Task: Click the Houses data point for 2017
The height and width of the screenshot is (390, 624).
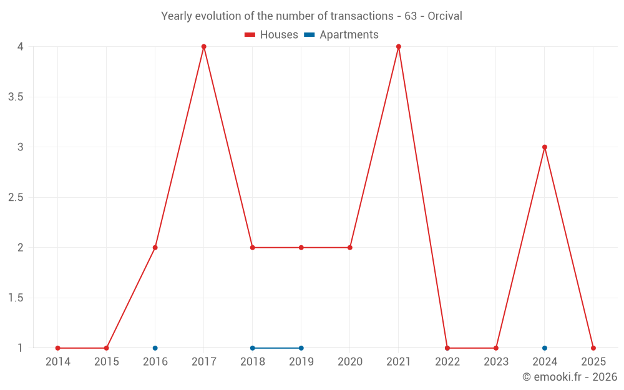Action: coord(204,47)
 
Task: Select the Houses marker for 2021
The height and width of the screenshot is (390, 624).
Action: coord(399,47)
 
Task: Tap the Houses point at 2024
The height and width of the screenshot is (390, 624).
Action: coord(545,147)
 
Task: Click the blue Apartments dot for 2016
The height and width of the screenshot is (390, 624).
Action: coord(155,348)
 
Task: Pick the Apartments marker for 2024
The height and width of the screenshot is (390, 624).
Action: coord(545,348)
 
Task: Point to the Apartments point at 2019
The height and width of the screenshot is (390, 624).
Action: coord(301,348)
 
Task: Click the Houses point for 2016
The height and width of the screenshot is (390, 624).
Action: coord(155,248)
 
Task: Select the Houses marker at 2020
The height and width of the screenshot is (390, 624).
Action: coord(350,248)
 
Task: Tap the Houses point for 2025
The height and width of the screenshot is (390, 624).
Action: coord(593,348)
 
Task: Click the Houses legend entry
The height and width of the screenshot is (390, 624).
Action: coord(271,35)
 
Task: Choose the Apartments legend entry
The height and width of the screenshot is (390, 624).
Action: coord(341,35)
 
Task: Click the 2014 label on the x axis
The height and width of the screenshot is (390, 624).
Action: coord(58,362)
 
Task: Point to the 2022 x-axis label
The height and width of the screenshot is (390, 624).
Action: coord(447,362)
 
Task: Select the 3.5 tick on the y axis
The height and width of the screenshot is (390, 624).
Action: coord(16,97)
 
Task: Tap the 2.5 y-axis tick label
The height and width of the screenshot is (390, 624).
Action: coord(16,197)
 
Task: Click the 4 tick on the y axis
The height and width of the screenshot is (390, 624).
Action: coord(21,47)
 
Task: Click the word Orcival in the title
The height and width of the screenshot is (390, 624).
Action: coord(445,16)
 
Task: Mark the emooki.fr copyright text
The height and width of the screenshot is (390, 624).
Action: coord(570,377)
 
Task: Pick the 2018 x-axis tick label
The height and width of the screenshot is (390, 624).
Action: coord(253,362)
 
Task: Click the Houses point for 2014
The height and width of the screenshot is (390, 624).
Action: coord(58,348)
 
